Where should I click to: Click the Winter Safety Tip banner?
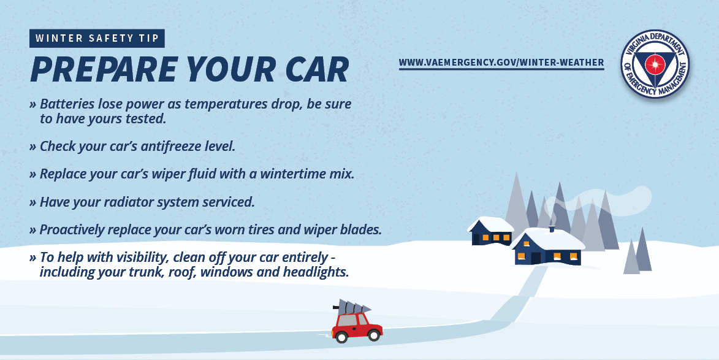(97, 39)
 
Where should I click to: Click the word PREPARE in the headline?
(104, 70)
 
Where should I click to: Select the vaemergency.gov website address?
(501, 63)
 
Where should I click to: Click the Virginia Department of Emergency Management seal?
(655, 64)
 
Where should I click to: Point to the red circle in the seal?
(655, 64)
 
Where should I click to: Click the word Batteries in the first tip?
(68, 104)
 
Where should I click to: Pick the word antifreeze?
(173, 147)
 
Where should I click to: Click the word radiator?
(128, 202)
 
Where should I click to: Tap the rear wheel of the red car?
(341, 337)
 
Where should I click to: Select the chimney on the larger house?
(552, 228)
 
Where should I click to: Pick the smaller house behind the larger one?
(490, 231)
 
